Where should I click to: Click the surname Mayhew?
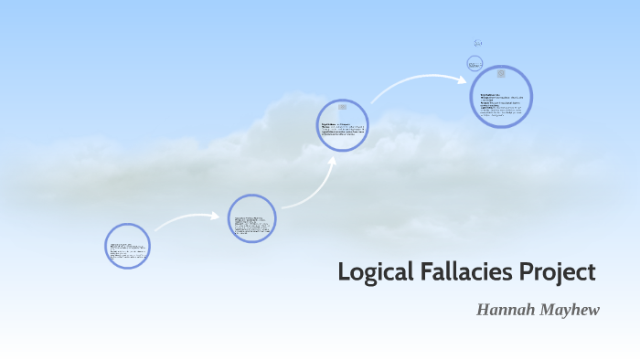570,310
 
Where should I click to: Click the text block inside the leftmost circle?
127,250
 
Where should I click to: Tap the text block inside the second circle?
251,224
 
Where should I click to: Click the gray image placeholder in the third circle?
342,107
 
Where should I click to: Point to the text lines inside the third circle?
343,129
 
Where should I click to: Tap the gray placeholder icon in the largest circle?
500,74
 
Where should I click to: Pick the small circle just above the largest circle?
475,63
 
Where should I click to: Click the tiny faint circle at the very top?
477,43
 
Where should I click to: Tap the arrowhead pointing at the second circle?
215,217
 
